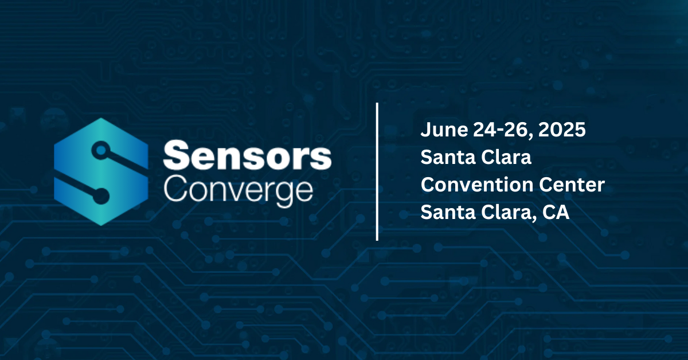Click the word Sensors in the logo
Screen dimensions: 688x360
pyautogui.click(x=247, y=155)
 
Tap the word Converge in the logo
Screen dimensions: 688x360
pyautogui.click(x=239, y=191)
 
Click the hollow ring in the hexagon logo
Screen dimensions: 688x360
pyautogui.click(x=101, y=150)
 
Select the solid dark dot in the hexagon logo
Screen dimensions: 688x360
pyautogui.click(x=100, y=196)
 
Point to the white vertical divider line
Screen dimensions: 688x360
pyautogui.click(x=377, y=172)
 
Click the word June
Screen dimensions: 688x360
pyautogui.click(x=444, y=130)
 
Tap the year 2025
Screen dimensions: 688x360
pyautogui.click(x=562, y=130)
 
